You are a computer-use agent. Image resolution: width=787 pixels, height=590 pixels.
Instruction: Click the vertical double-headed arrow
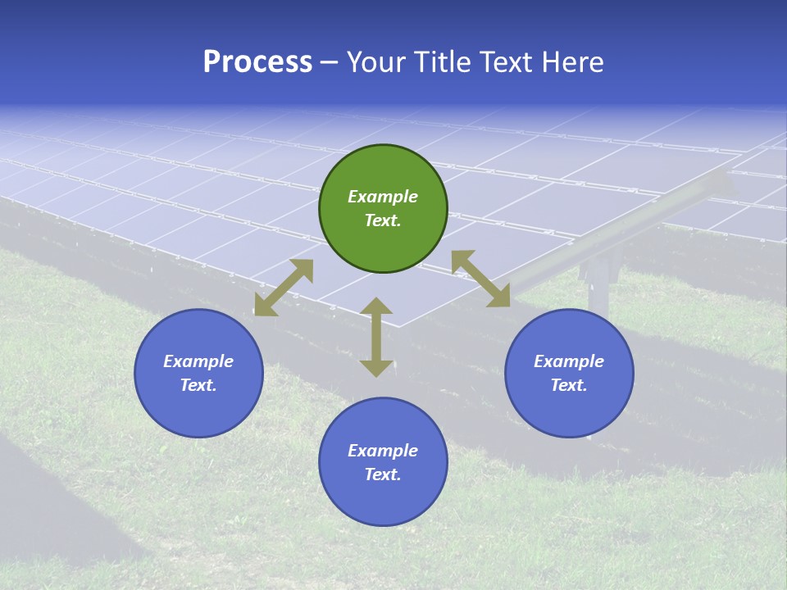(376, 337)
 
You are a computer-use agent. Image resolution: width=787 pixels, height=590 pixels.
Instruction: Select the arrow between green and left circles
(284, 288)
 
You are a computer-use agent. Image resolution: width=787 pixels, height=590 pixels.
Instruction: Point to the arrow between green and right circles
(481, 279)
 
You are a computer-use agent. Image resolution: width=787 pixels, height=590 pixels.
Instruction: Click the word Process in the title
(257, 62)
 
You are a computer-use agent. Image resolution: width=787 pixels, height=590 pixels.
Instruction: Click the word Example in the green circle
(383, 197)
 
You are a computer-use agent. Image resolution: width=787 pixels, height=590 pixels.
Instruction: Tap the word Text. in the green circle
(383, 220)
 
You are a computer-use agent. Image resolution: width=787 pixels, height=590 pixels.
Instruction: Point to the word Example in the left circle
(198, 361)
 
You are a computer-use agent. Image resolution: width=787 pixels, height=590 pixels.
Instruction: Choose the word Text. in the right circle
(569, 385)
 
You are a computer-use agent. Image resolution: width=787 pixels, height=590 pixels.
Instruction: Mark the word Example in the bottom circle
(383, 451)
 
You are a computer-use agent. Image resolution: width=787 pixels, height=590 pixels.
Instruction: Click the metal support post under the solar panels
(598, 283)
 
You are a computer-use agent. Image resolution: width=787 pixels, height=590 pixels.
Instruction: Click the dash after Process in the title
(329, 63)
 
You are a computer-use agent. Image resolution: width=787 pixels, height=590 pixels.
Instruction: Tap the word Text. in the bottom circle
(383, 474)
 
